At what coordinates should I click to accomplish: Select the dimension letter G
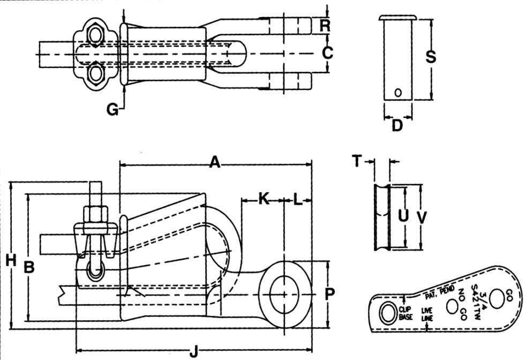click(112, 109)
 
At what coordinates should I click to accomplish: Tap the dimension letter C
click(328, 53)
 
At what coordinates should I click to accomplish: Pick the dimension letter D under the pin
click(397, 126)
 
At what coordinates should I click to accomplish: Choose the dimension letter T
click(357, 160)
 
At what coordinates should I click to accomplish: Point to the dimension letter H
click(10, 261)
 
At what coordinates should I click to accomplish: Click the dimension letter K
click(264, 199)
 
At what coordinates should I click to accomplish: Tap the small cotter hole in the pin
click(397, 92)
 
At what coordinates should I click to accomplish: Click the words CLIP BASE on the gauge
click(406, 313)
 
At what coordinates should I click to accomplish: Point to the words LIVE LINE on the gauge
click(427, 313)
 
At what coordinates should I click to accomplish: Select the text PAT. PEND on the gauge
click(438, 292)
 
